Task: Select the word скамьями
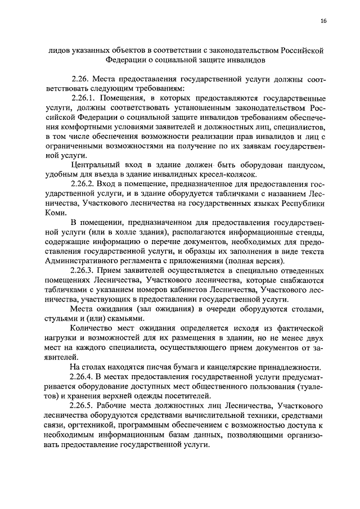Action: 128,317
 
